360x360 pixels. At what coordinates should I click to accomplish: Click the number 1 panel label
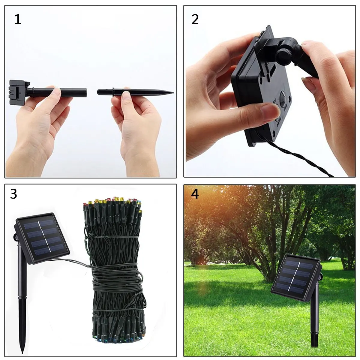coord(18,19)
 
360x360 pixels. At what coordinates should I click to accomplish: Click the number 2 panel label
coord(195,19)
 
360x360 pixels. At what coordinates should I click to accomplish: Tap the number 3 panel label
coord(13,194)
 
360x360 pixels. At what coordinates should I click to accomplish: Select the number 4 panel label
coord(195,194)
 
